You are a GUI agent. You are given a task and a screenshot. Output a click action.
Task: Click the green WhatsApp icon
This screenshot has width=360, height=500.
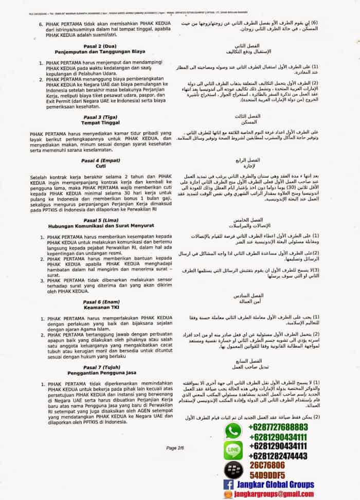point(234,431)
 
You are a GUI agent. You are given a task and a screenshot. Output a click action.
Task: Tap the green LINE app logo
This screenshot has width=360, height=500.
point(234,451)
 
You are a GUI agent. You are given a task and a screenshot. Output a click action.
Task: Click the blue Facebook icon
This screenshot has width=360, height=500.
point(228,485)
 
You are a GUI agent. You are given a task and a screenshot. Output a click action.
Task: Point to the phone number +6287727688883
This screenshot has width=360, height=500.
point(278,427)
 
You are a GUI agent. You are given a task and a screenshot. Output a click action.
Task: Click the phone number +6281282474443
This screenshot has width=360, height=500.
point(278,456)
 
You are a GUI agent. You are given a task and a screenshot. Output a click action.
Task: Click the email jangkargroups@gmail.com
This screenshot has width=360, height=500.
point(281,494)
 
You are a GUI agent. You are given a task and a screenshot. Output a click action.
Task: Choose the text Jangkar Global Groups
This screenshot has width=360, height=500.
point(276,485)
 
